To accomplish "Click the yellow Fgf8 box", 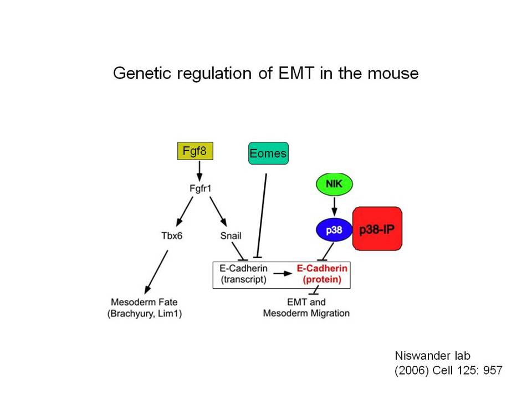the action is pos(195,151).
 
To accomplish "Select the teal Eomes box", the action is pos(268,154).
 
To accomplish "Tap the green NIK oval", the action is pos(334,184).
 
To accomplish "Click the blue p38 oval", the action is pos(334,230).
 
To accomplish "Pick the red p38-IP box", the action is pos(377,229).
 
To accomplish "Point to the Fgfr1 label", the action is pos(200,188).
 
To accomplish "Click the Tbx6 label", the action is pos(172,236).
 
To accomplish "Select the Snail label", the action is pos(231,236).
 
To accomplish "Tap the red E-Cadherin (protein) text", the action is pos(322,274).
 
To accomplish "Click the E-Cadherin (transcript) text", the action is pos(244,274).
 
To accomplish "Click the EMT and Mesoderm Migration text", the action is pos(306,308).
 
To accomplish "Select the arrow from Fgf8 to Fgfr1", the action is pos(199,171).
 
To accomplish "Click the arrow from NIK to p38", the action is pos(334,207).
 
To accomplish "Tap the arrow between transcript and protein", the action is pos(283,273).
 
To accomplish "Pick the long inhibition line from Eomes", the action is pos(262,216).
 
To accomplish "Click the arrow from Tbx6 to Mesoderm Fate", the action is pos(156,272).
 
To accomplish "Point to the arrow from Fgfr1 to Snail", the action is pos(218,211).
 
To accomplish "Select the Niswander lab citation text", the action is pos(448,363).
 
